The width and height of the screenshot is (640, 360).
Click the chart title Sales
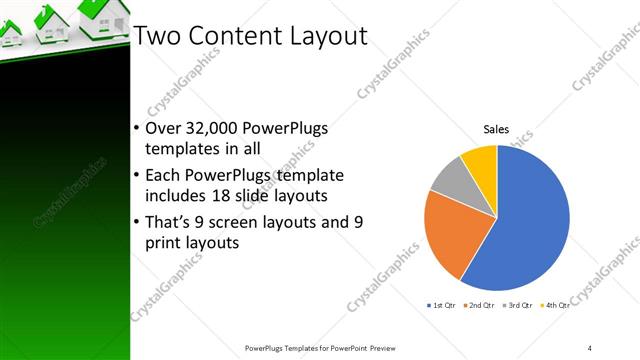coord(497,129)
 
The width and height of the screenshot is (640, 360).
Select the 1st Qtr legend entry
coord(443,304)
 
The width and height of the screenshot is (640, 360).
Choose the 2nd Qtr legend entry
coord(482,304)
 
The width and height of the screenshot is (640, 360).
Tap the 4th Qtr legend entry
coord(557,304)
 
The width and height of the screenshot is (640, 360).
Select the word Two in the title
coord(156,36)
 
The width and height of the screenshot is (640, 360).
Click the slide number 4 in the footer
coord(590,347)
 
